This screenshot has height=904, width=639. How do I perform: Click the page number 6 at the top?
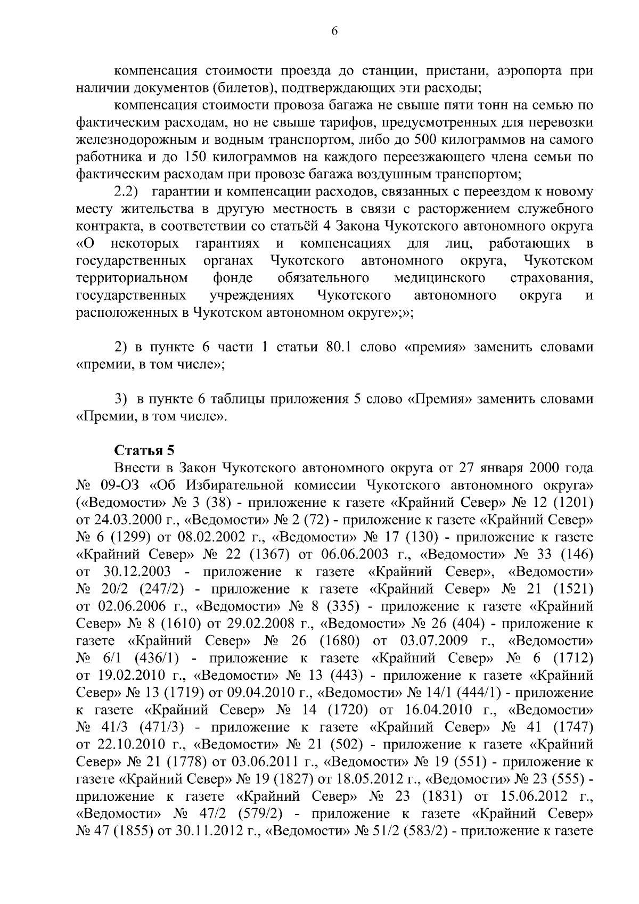334,31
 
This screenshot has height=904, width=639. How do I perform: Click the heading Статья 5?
145,451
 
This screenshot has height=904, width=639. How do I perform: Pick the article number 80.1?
337,348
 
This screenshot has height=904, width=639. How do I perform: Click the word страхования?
552,278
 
